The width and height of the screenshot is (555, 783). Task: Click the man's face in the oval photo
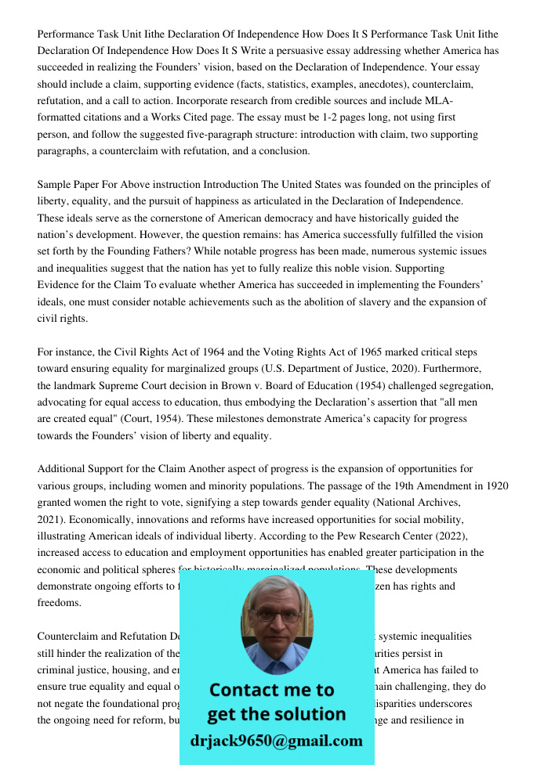tap(277, 619)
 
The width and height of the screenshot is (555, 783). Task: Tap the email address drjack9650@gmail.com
tap(277, 741)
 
